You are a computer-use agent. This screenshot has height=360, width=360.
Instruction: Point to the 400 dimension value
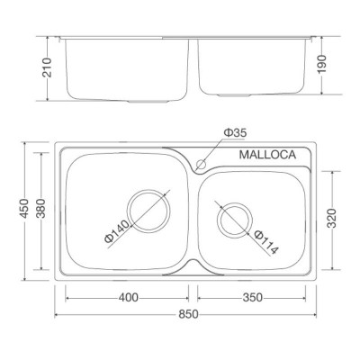(x=128, y=297)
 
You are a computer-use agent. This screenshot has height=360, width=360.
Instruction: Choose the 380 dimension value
(x=39, y=209)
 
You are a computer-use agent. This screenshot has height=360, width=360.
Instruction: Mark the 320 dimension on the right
(x=333, y=219)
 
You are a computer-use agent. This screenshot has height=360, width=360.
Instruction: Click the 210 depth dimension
(x=49, y=66)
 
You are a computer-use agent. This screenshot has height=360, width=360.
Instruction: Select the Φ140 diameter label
(x=114, y=236)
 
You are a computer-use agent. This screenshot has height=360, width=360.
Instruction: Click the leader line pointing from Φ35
(x=214, y=148)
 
